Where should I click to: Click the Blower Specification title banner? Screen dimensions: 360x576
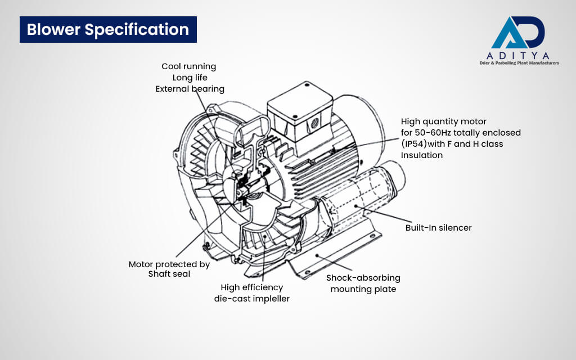tap(108, 29)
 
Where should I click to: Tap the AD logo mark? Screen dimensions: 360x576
tap(517, 34)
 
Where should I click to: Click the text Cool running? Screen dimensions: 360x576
tap(188, 66)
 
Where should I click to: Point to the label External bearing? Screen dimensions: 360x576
tap(190, 89)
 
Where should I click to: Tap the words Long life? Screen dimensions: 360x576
tap(190, 78)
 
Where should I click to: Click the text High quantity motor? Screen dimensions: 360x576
tap(443, 121)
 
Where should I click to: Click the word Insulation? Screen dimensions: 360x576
tap(422, 155)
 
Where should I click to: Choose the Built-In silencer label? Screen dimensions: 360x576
tap(438, 228)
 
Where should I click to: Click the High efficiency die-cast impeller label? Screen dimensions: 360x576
tap(251, 293)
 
